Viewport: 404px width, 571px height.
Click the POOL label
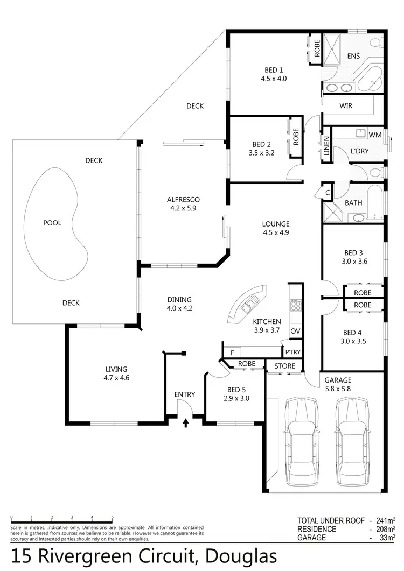52,223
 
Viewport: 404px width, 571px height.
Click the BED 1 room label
274,70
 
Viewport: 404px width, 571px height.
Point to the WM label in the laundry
376,135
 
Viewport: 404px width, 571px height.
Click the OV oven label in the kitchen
295,330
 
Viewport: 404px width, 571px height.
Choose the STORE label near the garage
284,366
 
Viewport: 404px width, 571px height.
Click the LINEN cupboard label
326,146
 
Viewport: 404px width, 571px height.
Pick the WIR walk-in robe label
346,106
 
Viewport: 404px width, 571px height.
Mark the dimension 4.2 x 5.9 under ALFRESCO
184,208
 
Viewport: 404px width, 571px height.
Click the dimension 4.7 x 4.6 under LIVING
116,378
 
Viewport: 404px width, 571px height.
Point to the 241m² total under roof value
386,520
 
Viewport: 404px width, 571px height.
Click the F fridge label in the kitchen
232,353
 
